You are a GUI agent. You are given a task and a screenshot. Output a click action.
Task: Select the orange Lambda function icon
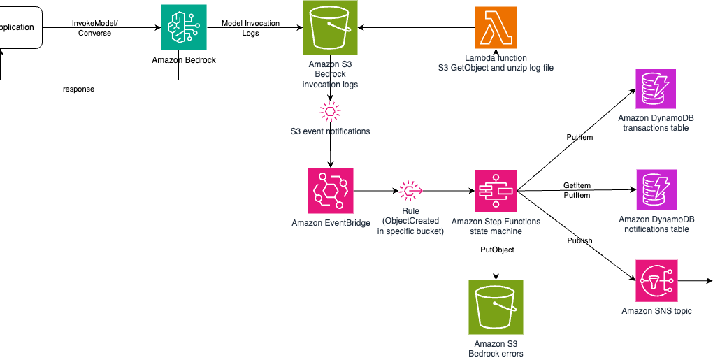[495, 27]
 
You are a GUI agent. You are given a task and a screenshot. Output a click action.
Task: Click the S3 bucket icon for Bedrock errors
[495, 306]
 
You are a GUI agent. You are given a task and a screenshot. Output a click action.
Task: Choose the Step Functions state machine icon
[496, 191]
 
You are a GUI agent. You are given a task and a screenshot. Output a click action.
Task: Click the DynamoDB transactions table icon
[656, 89]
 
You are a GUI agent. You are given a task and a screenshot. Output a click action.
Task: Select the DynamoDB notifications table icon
[656, 190]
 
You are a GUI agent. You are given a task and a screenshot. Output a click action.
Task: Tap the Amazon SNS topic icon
[656, 280]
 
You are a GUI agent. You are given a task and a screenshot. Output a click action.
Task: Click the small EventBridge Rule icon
[410, 190]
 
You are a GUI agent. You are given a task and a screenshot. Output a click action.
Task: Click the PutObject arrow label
[497, 250]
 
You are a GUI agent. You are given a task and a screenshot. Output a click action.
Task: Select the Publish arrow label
[580, 240]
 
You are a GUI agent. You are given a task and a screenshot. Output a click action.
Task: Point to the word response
[78, 89]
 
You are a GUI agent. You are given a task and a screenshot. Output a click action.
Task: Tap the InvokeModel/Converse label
[96, 28]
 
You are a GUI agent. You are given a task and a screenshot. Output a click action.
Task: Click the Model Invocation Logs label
[250, 28]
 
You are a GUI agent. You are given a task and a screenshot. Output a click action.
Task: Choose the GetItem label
[577, 185]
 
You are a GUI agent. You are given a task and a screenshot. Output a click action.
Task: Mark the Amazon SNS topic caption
[656, 311]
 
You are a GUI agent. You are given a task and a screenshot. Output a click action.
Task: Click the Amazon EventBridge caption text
[331, 223]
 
